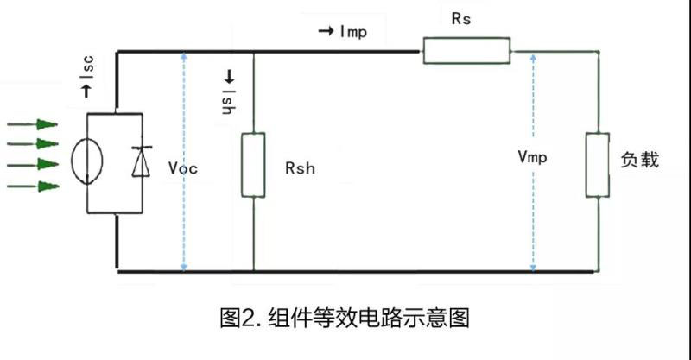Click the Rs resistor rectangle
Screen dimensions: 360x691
pos(466,51)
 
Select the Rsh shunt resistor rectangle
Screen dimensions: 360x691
pos(253,164)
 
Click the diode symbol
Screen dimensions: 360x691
pos(141,161)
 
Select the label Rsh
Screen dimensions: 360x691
pos(300,168)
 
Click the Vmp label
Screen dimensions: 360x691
pos(533,158)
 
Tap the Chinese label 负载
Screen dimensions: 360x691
pos(639,161)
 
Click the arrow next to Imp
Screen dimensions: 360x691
pos(326,32)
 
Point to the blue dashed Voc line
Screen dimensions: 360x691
pos(183,216)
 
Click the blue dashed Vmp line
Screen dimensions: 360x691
pos(533,216)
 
